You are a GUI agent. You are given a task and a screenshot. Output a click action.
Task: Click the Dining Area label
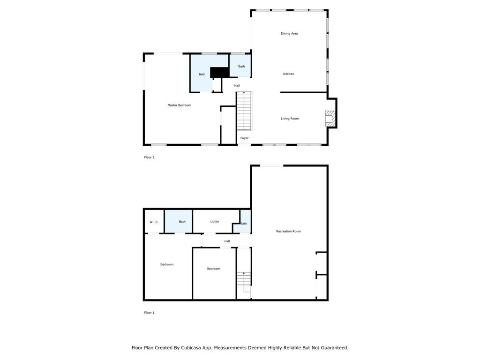click(289, 33)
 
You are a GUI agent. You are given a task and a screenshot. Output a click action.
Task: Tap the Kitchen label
click(288, 74)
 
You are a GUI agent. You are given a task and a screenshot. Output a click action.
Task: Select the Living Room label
click(290, 119)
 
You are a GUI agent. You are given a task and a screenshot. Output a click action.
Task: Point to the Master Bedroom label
click(179, 105)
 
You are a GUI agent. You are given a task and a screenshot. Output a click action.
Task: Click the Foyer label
click(244, 138)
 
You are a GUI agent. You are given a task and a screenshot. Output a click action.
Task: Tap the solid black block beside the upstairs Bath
click(219, 72)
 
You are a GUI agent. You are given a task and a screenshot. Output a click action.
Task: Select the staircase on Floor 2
click(244, 111)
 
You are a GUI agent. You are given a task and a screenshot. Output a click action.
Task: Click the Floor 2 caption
click(149, 157)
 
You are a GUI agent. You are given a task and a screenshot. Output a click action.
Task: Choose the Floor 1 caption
click(149, 313)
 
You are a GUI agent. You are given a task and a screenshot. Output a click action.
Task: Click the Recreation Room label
click(288, 231)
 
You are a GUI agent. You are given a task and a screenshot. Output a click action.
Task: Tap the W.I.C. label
click(154, 222)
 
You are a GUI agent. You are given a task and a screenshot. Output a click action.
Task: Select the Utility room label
click(215, 221)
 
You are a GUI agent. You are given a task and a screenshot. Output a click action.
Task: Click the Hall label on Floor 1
click(227, 241)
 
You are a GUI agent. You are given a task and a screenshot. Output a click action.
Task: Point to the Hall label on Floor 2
click(237, 86)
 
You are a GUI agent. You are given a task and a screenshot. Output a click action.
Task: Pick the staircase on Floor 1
click(244, 282)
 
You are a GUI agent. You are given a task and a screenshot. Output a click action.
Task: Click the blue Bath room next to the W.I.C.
click(179, 221)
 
